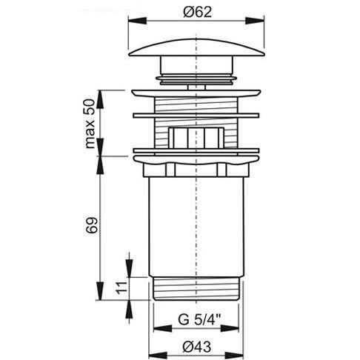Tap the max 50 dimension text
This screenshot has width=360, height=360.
coord(90,124)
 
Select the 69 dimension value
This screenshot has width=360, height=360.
coord(92,225)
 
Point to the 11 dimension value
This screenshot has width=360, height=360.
coord(121,287)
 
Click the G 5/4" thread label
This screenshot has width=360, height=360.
coord(199,320)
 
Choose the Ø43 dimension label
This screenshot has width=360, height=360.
coord(197,347)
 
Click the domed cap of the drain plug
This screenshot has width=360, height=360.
coord(196,47)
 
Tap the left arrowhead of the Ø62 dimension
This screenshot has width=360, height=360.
coord(137,21)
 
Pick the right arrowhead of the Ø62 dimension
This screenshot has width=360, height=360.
coord(255,21)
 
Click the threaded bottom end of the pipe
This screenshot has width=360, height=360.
coord(196,288)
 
